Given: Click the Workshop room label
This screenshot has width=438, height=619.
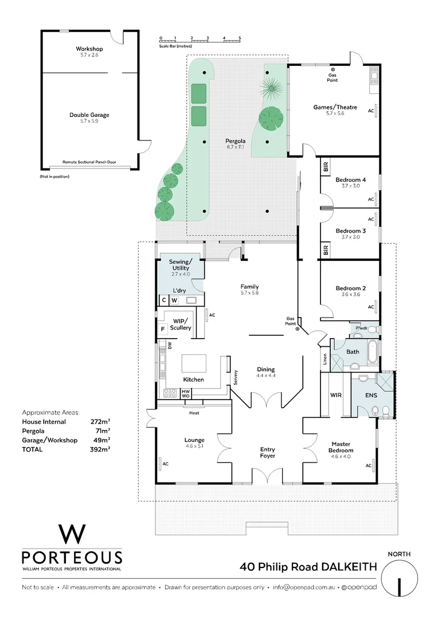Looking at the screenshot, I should click(89, 49).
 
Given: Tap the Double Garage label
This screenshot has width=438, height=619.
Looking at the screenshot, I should click(89, 115).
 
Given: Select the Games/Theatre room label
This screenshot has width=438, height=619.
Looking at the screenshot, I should click(335, 107).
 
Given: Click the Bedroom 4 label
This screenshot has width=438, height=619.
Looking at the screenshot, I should click(350, 179).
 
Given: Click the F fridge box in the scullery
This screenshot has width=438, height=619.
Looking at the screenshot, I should click(162, 329).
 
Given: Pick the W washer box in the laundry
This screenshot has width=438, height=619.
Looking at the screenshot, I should click(174, 300).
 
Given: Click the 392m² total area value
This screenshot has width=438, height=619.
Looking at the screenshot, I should click(100, 449).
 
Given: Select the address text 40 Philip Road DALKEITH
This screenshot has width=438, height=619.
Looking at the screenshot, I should click(308, 567).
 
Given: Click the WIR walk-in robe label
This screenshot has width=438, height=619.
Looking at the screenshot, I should click(335, 395).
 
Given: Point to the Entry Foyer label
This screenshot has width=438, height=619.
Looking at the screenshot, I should click(267, 452).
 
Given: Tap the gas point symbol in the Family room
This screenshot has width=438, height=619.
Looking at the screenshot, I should click(298, 329).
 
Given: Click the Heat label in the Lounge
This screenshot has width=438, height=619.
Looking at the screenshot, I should click(194, 412).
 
